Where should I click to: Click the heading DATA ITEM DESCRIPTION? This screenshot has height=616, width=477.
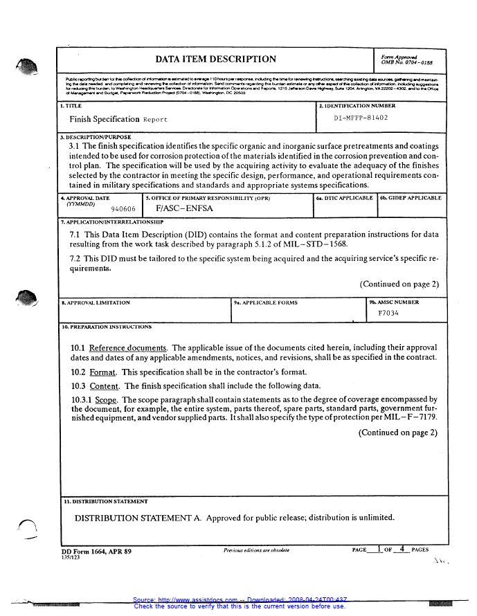[215, 60]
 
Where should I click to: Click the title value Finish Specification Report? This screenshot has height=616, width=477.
[118, 119]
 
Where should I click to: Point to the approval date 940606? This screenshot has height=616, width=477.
[123, 208]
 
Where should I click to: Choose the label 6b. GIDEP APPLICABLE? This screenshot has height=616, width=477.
[410, 198]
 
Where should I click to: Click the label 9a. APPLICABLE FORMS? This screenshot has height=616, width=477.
[265, 302]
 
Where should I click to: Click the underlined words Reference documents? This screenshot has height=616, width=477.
[128, 347]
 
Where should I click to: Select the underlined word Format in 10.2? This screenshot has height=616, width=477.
[103, 372]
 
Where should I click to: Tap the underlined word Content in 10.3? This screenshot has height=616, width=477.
[105, 386]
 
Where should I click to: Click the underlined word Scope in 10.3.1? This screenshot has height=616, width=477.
[106, 399]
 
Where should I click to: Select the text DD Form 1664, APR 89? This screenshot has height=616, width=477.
[96, 551]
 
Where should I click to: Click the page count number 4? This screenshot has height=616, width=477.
[402, 549]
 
